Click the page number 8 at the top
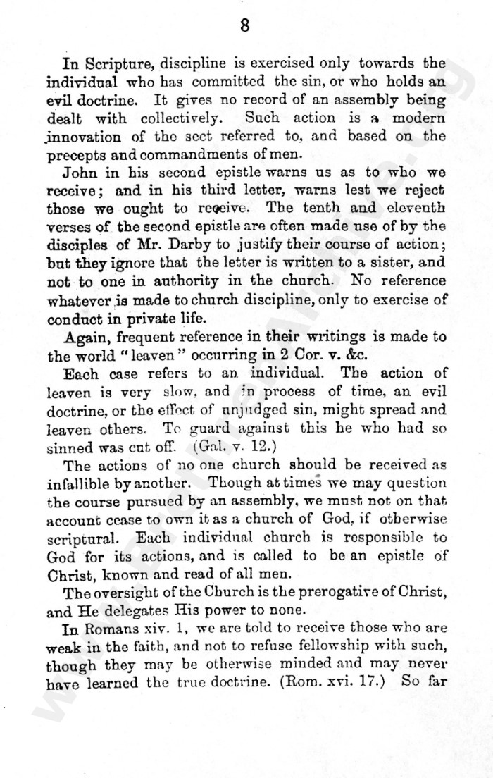point(245,26)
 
